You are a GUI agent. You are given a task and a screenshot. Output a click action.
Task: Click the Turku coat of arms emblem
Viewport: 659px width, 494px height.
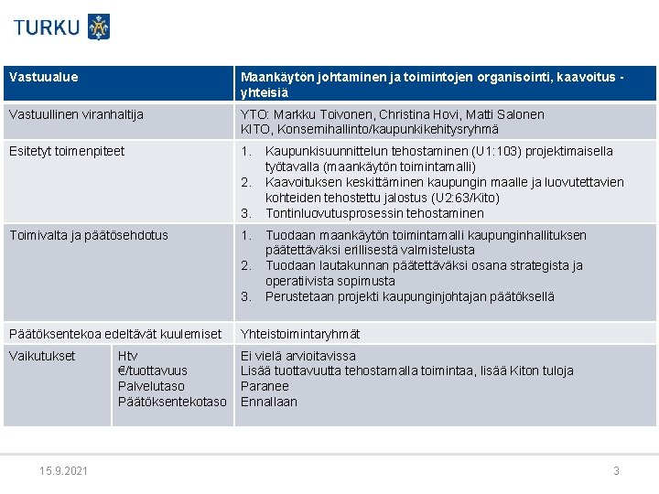tap(99, 27)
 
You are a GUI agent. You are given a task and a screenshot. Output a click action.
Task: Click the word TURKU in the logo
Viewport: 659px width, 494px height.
tap(47, 27)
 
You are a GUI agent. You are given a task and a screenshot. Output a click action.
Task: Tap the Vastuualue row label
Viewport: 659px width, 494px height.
tap(43, 78)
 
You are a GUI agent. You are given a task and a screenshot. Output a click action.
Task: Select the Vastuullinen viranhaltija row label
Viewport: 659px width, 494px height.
tap(75, 115)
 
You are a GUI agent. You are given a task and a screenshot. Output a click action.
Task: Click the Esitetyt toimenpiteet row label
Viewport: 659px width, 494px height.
tap(65, 151)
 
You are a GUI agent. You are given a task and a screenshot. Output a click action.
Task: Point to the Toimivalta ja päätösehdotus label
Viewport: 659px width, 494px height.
tap(88, 235)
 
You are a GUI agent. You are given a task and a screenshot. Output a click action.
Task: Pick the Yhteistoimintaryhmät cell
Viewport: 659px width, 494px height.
tap(300, 334)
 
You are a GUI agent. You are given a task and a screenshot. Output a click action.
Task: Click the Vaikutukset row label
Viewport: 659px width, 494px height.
tap(41, 356)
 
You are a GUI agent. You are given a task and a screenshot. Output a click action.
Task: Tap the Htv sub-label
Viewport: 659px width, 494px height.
tap(128, 356)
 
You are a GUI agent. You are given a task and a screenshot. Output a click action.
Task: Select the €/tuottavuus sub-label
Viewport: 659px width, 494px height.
tap(153, 370)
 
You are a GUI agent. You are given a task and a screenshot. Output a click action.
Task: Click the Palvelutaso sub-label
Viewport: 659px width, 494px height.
tap(151, 386)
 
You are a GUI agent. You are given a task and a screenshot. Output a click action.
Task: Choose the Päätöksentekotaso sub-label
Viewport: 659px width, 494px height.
tap(172, 402)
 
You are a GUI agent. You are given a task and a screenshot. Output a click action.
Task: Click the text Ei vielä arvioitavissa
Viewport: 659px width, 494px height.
tap(298, 356)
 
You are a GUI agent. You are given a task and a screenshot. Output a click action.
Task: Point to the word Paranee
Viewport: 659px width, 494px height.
tap(265, 386)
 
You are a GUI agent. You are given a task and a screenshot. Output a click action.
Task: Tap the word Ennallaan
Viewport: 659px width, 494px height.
tap(269, 402)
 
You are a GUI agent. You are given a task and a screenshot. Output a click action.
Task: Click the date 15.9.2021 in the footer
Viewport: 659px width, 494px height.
tap(64, 471)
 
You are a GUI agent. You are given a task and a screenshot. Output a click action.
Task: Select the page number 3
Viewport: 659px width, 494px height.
tap(616, 471)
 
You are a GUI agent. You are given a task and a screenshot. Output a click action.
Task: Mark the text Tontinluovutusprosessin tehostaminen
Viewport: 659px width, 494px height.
tap(374, 213)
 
